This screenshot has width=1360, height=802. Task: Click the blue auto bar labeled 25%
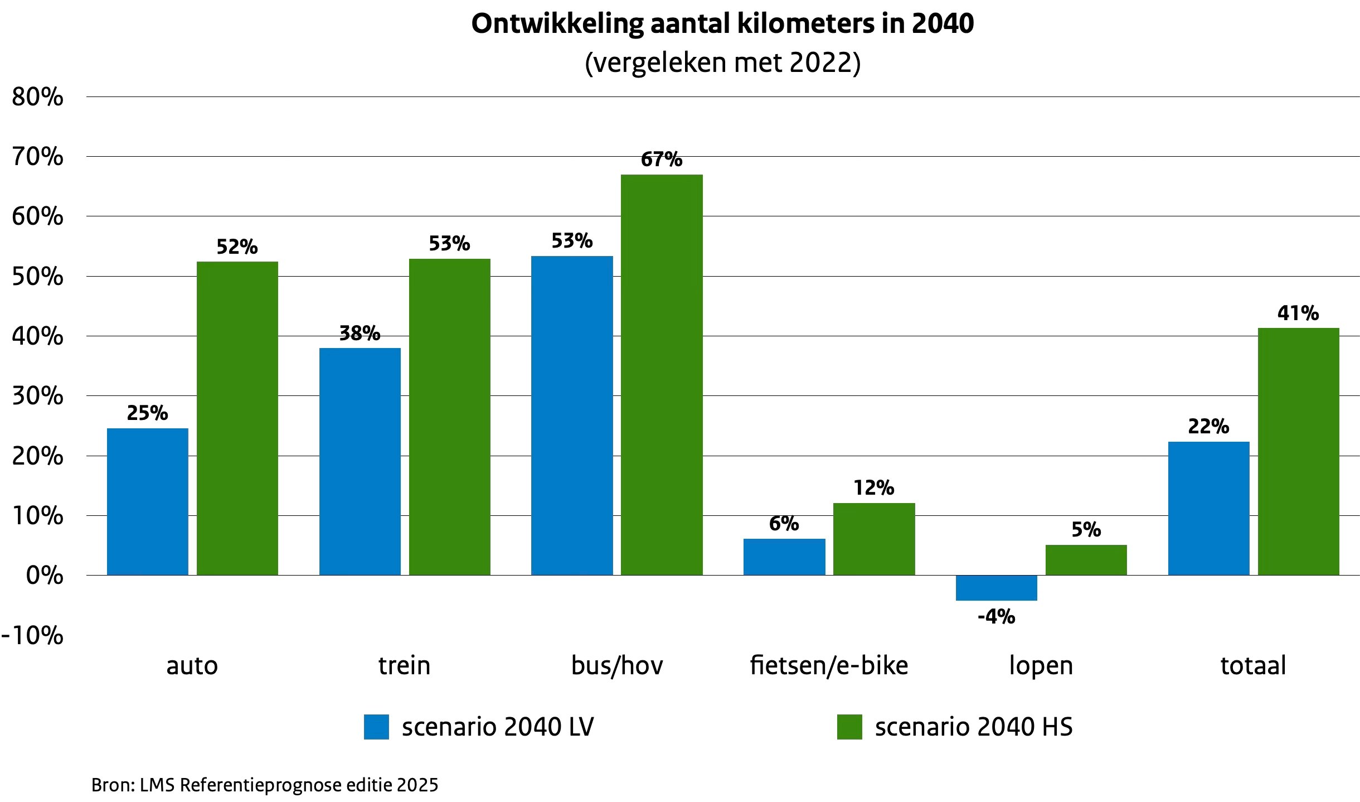[x=148, y=501]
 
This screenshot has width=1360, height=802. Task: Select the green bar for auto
[x=237, y=418]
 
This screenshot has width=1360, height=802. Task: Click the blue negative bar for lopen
[x=997, y=588]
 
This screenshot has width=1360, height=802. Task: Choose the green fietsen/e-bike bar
[x=874, y=539]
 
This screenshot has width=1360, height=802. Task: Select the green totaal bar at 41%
[x=1299, y=451]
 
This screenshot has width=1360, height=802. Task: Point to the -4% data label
[x=997, y=617]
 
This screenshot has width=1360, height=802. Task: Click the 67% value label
[x=662, y=160]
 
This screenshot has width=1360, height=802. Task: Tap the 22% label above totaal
[x=1208, y=427]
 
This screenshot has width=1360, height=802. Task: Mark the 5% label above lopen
[x=1086, y=529]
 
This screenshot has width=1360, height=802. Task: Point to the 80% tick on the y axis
[x=37, y=97]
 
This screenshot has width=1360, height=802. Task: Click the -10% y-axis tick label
[x=32, y=635]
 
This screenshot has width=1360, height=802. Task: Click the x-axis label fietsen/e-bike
[x=829, y=665]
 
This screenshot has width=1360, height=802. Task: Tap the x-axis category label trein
[x=405, y=665]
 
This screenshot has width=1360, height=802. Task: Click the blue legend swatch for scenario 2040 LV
[x=376, y=727]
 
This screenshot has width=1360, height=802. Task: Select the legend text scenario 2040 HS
[x=974, y=727]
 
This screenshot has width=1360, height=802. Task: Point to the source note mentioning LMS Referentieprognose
[x=265, y=785]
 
